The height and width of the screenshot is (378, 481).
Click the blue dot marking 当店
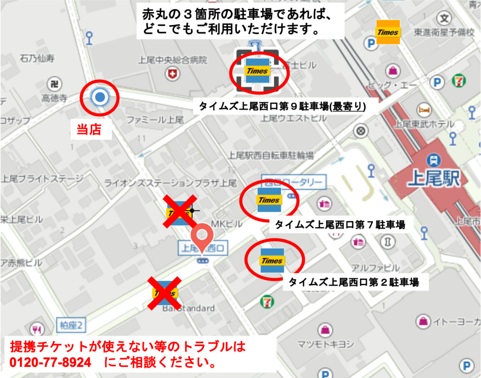pos(100,98)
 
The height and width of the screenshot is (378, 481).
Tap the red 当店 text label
pos(89,130)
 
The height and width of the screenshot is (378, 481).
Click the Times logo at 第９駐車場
pos(256,71)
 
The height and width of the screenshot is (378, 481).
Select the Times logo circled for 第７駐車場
pos(269,200)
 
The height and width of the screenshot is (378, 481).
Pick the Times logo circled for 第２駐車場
pos(272,261)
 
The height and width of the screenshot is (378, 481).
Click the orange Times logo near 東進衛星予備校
pos(388,32)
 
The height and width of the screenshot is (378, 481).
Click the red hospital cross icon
pos(173,74)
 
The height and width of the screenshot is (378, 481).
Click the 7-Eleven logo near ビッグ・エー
pos(459,80)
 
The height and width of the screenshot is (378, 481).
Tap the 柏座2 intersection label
pos(71,324)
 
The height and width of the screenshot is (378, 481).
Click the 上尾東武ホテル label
pos(424,124)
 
